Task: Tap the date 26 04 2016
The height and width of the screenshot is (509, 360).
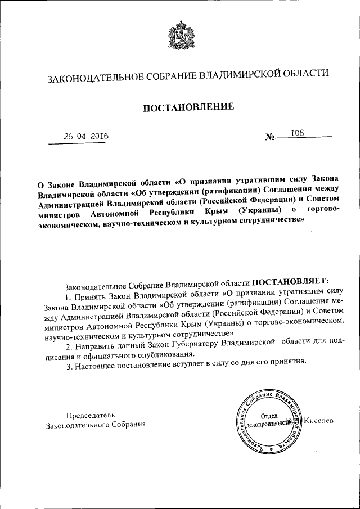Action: (86, 137)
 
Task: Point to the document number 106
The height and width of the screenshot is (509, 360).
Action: (297, 133)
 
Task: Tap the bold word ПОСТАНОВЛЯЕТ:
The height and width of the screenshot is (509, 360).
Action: (293, 281)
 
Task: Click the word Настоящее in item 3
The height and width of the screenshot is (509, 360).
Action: (94, 367)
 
